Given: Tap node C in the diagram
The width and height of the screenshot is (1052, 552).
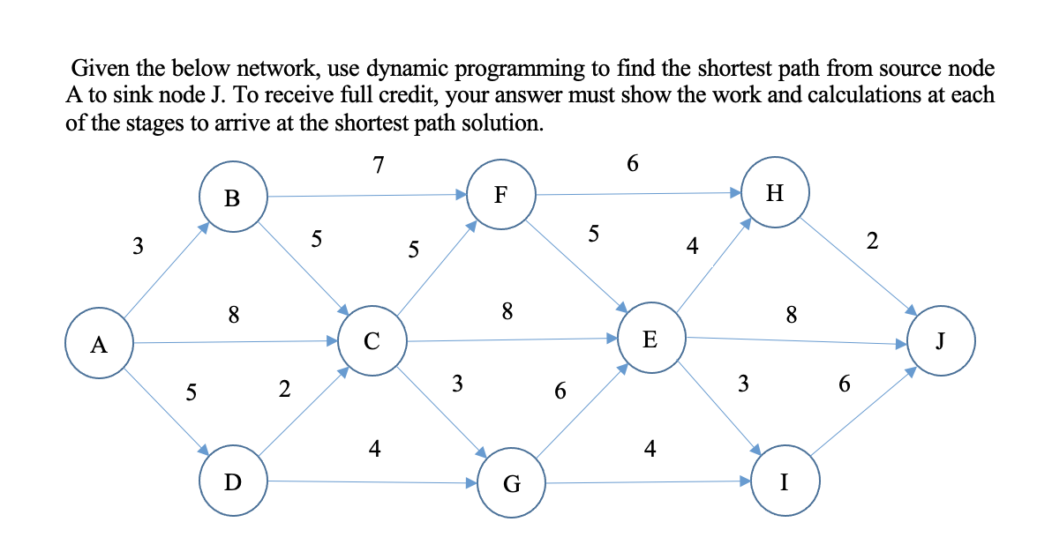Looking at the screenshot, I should (x=372, y=339).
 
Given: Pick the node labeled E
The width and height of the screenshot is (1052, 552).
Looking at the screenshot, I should (x=650, y=339).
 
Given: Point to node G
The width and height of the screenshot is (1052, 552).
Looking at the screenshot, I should (x=511, y=483).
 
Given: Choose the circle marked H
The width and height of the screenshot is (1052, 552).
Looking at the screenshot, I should (x=774, y=194).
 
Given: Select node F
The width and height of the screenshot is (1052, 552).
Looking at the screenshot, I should (x=500, y=195).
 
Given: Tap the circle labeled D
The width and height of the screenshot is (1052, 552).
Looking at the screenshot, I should (x=233, y=481).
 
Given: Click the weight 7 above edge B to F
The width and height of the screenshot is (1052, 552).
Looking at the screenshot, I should (x=378, y=166).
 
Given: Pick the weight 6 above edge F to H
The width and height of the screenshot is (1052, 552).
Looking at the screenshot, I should (x=632, y=163).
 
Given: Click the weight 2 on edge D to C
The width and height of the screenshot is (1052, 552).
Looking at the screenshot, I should (x=283, y=389).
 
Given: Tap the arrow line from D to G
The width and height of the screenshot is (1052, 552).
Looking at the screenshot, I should (x=371, y=481).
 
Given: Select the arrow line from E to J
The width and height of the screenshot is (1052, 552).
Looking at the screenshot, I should (x=794, y=339).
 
